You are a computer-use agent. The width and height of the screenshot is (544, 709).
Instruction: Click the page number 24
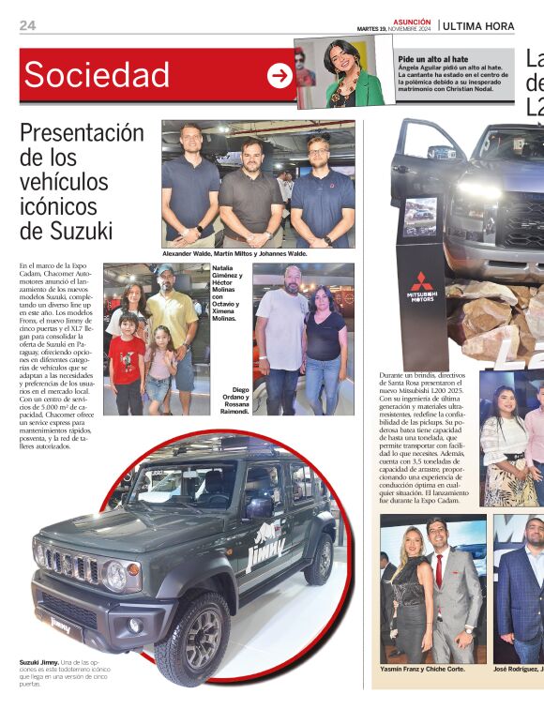pyautogui.click(x=28, y=25)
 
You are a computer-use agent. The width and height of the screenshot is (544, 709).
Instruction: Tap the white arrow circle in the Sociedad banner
pyautogui.click(x=280, y=76)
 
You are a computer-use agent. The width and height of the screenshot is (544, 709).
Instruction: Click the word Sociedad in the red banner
pyautogui.click(x=97, y=75)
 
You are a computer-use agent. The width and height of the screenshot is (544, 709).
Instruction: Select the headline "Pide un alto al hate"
pyautogui.click(x=432, y=58)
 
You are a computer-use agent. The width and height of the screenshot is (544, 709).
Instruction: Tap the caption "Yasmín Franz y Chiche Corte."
pyautogui.click(x=422, y=670)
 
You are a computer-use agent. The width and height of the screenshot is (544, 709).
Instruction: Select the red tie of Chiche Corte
pyautogui.click(x=438, y=571)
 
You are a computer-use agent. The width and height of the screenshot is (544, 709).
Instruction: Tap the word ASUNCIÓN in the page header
pyautogui.click(x=412, y=21)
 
